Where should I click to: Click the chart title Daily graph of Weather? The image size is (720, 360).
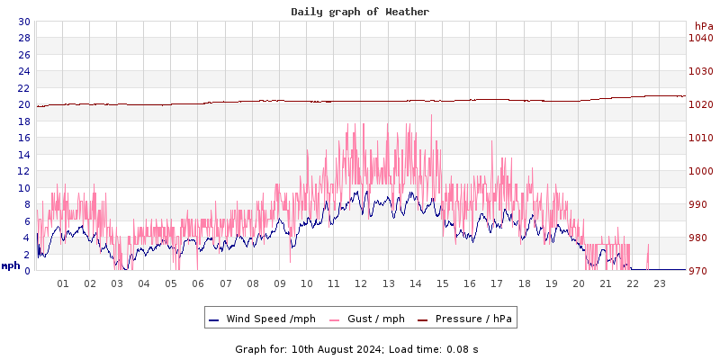point(360,12)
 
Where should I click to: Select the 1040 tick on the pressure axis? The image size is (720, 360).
point(700,38)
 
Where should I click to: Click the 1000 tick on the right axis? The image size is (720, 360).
point(700,171)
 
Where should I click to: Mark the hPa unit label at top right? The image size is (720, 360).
point(703,26)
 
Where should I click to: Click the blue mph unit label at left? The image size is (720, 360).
point(11,265)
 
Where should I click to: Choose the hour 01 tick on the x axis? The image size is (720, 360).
point(63,283)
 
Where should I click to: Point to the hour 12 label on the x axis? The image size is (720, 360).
point(361,283)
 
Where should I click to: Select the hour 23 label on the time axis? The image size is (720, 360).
point(660,283)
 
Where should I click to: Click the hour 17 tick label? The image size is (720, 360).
point(497,283)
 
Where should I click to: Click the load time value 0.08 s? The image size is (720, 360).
point(463,348)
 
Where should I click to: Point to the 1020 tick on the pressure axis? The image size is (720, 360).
point(700,104)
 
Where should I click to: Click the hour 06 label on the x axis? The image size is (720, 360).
point(198,283)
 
